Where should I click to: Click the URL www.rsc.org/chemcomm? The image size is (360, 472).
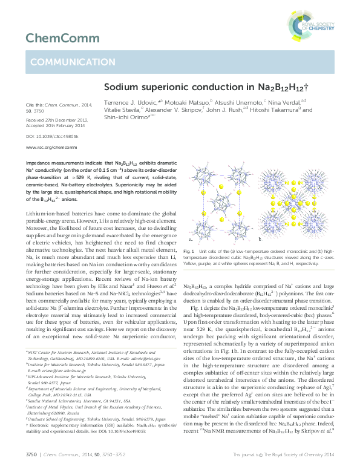[x=48, y=147]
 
